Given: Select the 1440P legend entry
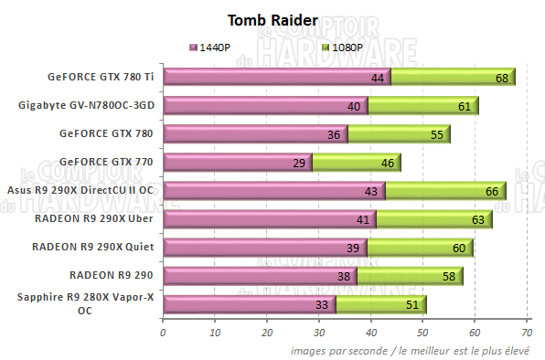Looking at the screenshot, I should pyautogui.click(x=213, y=47).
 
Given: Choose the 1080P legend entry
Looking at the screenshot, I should pyautogui.click(x=344, y=47).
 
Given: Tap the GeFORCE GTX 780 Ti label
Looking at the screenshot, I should pyautogui.click(x=104, y=77).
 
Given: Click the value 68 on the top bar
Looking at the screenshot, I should pyautogui.click(x=502, y=79).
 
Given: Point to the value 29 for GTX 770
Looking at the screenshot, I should pyautogui.click(x=299, y=164).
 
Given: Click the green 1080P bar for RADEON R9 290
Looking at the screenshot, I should pyautogui.click(x=409, y=275).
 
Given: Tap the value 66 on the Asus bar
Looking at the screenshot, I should pyautogui.click(x=491, y=192).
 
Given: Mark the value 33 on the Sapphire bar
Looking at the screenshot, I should pyautogui.click(x=320, y=305).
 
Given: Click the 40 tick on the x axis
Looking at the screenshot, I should pyautogui.click(x=371, y=333).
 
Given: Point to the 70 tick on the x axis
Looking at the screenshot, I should pyautogui.click(x=528, y=333).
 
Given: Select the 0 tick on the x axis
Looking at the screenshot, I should pyautogui.click(x=163, y=333).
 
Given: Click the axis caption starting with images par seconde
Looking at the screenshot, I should pyautogui.click(x=416, y=350).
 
